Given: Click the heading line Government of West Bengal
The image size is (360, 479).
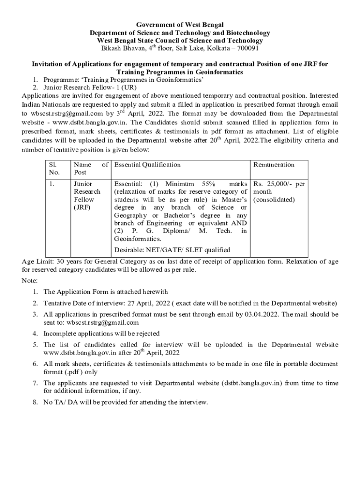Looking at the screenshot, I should [x=180, y=24].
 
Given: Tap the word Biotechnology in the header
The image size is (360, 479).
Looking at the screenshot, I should [x=246, y=33].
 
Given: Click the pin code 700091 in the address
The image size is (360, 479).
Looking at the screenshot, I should [x=247, y=48].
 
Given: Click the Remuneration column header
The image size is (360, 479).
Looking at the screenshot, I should [x=274, y=165].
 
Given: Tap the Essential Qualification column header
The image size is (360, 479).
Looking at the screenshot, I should [x=147, y=165].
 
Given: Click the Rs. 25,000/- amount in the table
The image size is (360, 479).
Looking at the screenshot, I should [x=274, y=184].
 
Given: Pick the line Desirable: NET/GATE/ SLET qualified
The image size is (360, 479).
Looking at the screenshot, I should [x=172, y=250].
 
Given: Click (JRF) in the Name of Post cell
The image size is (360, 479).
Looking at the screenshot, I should [x=82, y=207].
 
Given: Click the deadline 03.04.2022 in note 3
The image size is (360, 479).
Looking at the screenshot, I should [x=261, y=314].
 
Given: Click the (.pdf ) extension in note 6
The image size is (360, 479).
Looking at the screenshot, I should [x=71, y=372].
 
